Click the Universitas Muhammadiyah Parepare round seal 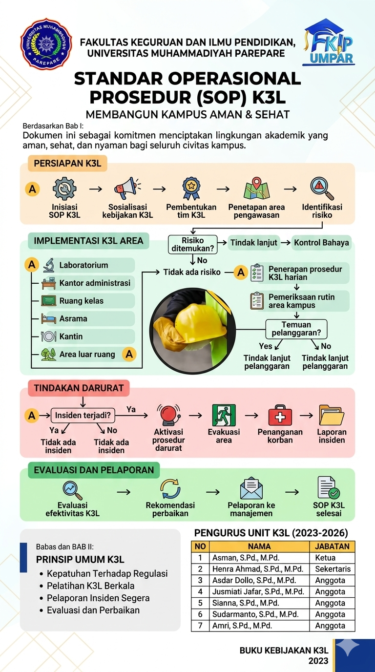[x=46, y=44]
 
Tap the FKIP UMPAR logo [x=329, y=42]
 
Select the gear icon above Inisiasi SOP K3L [x=64, y=189]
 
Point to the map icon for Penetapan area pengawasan [x=256, y=189]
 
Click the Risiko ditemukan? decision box [x=192, y=245]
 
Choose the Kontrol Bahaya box [x=321, y=243]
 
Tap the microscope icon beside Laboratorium [x=48, y=265]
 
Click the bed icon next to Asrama [x=49, y=318]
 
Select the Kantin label [x=71, y=336]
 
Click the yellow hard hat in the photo [x=200, y=327]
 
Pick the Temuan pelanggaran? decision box [x=296, y=329]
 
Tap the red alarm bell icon [x=169, y=415]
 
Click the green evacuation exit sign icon [x=224, y=415]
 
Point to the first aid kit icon [x=280, y=415]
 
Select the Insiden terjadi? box [x=83, y=416]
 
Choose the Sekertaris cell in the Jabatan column [x=333, y=569]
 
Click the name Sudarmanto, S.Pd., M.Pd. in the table [x=255, y=614]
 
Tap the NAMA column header [x=259, y=546]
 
